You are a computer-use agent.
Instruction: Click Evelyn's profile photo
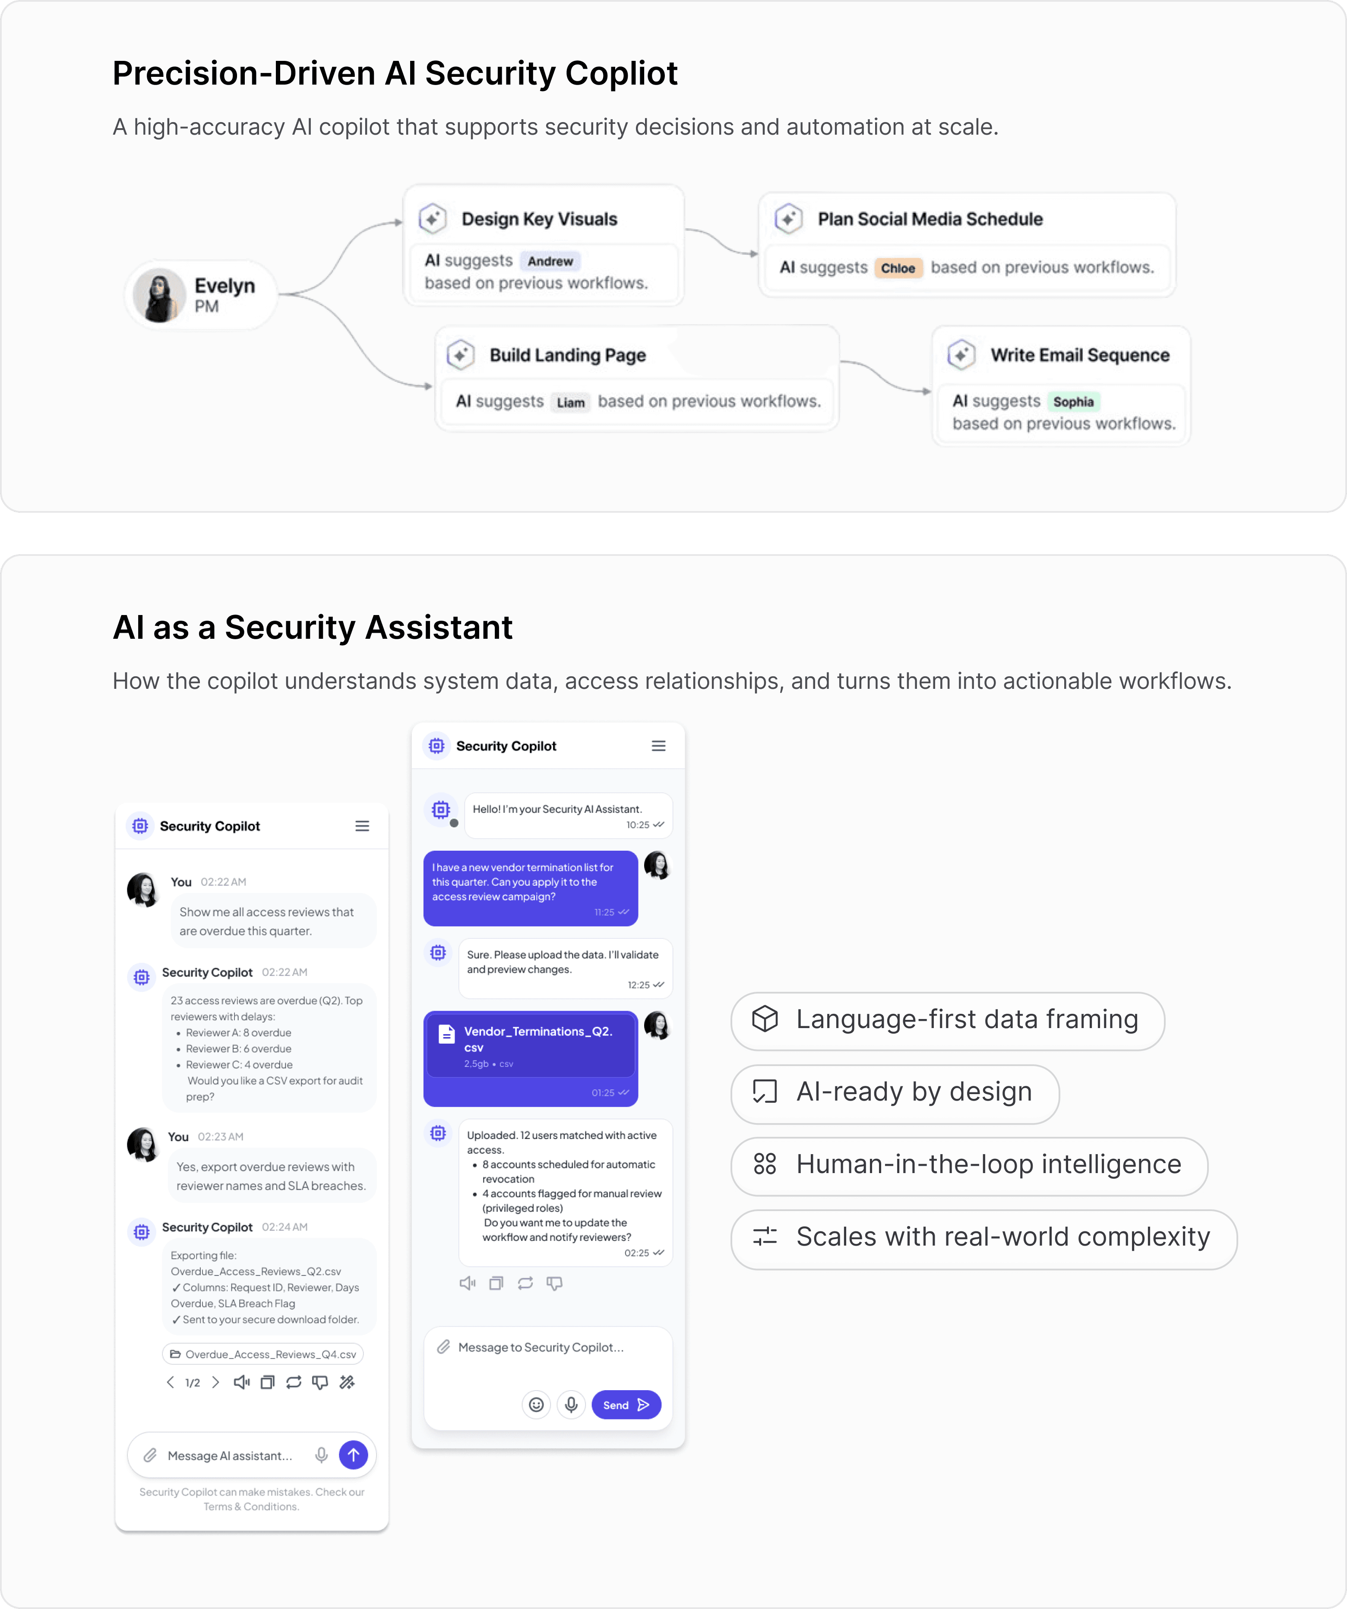159,295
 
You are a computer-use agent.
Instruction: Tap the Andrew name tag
550,261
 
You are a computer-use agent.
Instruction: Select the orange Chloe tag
898,268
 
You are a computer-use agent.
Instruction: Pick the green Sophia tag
1073,401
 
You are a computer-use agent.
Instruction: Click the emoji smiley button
536,1404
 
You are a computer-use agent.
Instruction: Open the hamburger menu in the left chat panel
362,826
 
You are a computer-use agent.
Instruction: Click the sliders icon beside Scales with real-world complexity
765,1236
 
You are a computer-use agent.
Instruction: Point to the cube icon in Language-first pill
765,1019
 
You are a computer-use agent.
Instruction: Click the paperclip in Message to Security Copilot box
443,1347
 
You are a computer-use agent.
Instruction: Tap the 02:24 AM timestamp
284,1227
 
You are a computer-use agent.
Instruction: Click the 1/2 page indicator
192,1382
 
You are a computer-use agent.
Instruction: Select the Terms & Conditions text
251,1506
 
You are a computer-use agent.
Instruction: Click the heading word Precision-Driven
243,73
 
